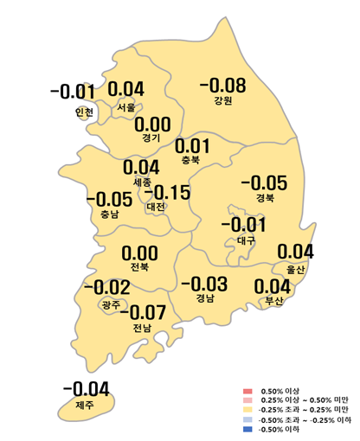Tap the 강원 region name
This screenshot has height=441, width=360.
223,101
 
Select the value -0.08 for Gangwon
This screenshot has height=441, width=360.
222,86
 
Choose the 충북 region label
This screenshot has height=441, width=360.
191,160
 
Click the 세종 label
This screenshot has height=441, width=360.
142,182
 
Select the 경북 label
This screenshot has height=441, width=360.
264,198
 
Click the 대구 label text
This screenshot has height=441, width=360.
246,240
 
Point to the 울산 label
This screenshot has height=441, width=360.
295,269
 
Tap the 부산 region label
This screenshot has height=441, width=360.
273,301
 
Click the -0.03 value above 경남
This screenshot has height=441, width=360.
204,284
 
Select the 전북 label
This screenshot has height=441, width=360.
139,267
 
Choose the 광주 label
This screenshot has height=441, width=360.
110,304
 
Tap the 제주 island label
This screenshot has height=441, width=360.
84,405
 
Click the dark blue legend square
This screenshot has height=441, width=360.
248,430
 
